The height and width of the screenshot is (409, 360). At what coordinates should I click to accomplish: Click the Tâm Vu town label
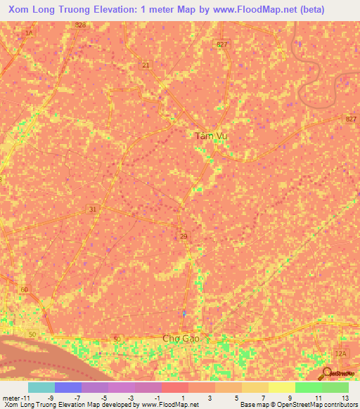click(x=210, y=137)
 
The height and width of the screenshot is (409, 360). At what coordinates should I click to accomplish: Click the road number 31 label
click(x=93, y=209)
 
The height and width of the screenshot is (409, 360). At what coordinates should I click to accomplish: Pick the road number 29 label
click(x=184, y=237)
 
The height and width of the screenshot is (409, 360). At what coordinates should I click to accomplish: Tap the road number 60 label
click(x=25, y=290)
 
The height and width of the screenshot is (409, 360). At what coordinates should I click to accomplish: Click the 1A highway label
click(x=29, y=33)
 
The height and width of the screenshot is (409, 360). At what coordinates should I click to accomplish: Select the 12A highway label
click(x=341, y=353)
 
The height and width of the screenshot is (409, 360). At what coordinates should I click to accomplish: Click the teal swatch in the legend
click(x=41, y=387)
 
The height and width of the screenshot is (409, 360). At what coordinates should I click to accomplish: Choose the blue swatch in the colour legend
click(x=67, y=387)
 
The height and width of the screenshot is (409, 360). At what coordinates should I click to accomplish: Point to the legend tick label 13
click(x=345, y=398)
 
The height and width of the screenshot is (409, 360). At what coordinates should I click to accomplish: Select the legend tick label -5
click(x=104, y=398)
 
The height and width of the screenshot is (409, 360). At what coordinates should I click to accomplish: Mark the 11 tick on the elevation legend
click(x=319, y=398)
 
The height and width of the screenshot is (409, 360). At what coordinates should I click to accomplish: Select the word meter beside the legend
click(x=11, y=398)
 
